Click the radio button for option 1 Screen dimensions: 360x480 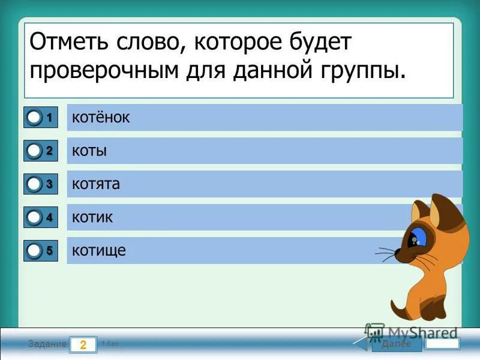pyautogui.click(x=34, y=118)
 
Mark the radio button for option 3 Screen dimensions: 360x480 pyautogui.click(x=34, y=185)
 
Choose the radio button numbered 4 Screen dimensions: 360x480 pyautogui.click(x=34, y=218)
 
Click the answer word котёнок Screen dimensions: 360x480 pyautogui.click(x=101, y=118)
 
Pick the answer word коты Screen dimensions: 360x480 pyautogui.click(x=89, y=151)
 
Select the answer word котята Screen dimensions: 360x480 pyautogui.click(x=96, y=184)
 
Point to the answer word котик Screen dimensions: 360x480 pyautogui.click(x=92, y=218)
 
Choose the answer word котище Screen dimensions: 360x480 pyautogui.click(x=99, y=251)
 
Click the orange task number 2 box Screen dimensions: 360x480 pyautogui.click(x=83, y=344)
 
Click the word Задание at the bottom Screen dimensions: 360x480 pyautogui.click(x=46, y=344)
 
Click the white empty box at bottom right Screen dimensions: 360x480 pyautogui.click(x=442, y=344)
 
